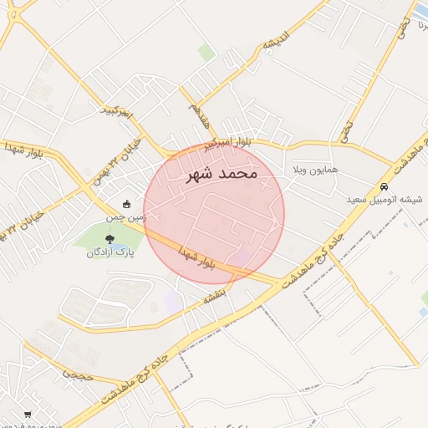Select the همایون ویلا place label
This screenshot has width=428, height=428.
point(314,170)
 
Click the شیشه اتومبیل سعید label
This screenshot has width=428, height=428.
point(385,200)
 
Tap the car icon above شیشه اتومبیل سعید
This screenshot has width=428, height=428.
point(384,186)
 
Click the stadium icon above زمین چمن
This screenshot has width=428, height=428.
point(126,203)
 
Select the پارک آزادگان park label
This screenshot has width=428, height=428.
point(110,252)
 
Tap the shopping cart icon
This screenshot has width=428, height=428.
point(28,414)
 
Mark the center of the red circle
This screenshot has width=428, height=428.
point(214,212)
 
